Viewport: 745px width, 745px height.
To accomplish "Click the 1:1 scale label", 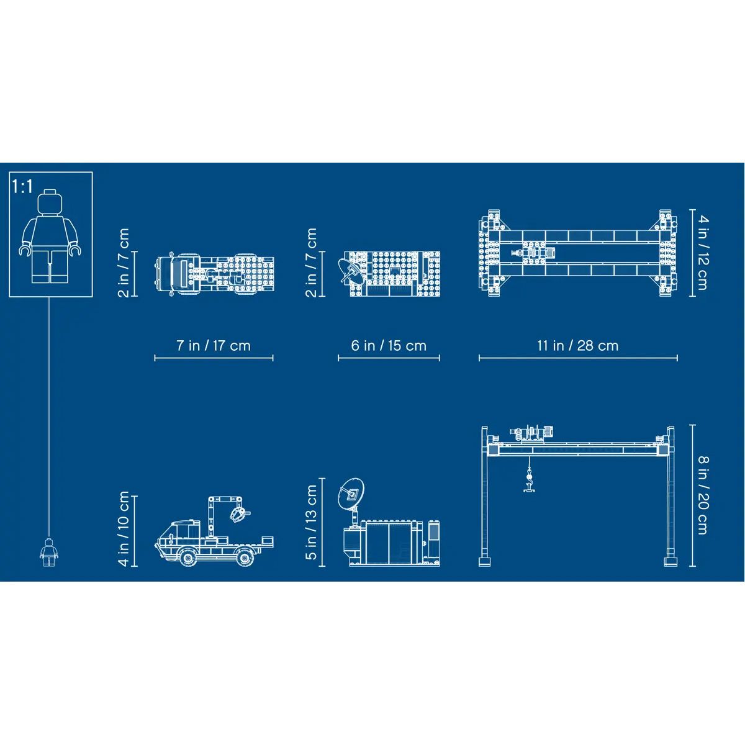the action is (23, 186).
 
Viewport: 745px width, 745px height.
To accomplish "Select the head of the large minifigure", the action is (50, 202).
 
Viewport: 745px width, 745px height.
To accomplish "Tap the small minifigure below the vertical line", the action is (49, 552).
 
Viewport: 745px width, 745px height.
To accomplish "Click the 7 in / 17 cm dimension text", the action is (214, 345).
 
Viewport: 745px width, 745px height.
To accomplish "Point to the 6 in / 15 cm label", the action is (389, 345).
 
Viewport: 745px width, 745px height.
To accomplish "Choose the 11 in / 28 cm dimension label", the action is (577, 345).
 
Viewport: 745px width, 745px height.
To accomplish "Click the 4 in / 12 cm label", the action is (702, 253).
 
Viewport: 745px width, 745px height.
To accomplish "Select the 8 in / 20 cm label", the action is (702, 495).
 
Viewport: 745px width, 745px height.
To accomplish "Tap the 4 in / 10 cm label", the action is (124, 529).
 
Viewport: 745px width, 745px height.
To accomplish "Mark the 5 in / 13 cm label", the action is (311, 522).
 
